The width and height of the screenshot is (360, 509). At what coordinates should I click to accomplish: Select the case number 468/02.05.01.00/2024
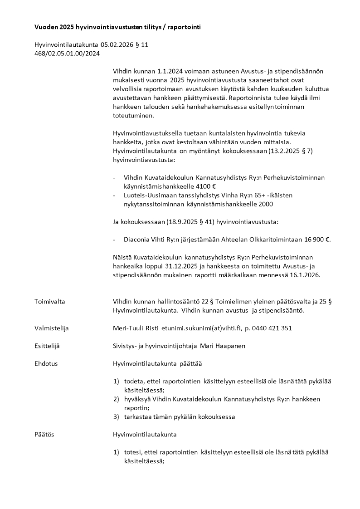pos(67,54)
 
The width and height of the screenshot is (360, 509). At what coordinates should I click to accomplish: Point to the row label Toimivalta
pos(50,302)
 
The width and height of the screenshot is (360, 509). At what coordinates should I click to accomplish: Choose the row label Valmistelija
pos(52,328)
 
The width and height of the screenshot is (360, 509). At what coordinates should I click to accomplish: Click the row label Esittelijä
pos(47,346)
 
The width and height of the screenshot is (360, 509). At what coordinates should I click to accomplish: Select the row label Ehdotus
pos(46,363)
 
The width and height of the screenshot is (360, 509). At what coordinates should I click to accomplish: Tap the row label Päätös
pos(44,434)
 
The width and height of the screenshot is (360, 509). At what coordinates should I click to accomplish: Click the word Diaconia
pos(137,239)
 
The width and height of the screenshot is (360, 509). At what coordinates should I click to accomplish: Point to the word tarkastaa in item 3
pos(137,416)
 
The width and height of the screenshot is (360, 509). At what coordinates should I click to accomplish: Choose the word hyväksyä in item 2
pos(138,399)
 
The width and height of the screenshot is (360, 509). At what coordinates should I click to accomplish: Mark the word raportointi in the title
pos(183,27)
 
